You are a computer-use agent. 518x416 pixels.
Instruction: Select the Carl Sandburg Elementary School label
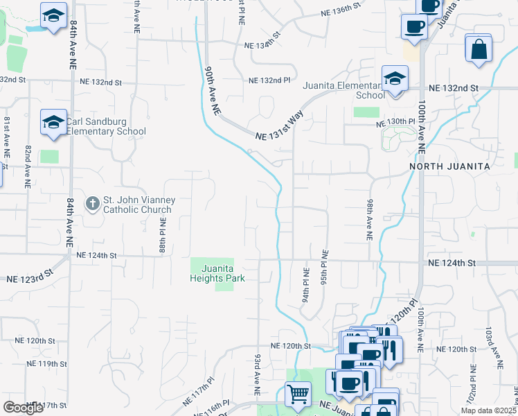106,126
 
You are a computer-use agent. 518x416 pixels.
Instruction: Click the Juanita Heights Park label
218,273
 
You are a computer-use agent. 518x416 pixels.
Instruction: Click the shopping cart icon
298,394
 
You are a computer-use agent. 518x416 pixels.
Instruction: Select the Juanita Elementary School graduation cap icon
395,78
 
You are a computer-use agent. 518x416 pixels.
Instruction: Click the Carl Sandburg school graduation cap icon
53,122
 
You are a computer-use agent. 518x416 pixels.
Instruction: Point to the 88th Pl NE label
162,236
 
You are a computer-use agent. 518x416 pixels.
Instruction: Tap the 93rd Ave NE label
257,374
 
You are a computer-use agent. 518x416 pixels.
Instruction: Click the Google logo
23,408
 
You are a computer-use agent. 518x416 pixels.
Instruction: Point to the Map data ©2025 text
488,410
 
